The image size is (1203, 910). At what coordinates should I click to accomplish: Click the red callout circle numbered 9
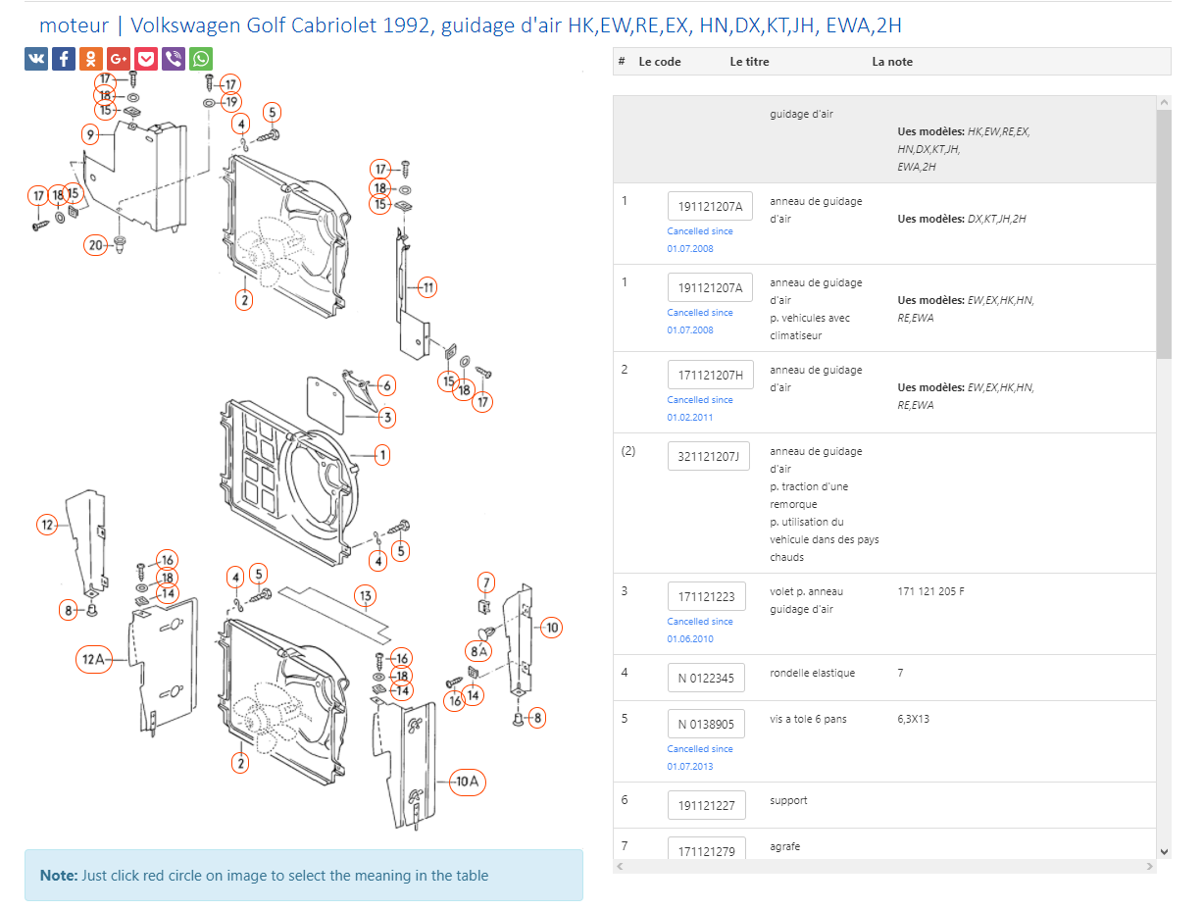click(90, 133)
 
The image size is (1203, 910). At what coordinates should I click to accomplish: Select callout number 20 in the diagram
click(96, 245)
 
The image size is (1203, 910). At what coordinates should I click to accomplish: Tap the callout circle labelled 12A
click(93, 660)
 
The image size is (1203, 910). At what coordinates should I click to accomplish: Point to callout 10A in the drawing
click(468, 782)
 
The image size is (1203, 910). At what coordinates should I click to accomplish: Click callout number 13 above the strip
click(365, 595)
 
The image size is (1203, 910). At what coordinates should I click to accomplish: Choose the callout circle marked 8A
click(479, 649)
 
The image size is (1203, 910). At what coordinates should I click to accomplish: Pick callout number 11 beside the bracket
click(427, 287)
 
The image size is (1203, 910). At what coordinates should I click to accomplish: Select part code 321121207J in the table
click(709, 456)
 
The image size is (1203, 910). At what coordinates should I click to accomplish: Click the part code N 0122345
click(706, 678)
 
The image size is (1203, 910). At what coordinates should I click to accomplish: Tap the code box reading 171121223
click(706, 596)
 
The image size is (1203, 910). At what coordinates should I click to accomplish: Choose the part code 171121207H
click(710, 375)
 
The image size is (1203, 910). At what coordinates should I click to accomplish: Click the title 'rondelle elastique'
click(812, 673)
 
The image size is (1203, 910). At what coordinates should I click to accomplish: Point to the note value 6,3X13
click(913, 719)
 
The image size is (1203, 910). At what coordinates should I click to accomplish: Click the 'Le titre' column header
click(749, 62)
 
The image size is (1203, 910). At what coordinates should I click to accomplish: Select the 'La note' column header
click(892, 62)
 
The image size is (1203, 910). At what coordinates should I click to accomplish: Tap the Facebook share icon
click(64, 59)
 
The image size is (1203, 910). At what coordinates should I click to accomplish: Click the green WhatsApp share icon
click(201, 59)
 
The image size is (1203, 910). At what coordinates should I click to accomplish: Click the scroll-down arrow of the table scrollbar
click(1164, 851)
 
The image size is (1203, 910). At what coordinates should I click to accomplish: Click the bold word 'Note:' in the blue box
click(58, 875)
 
